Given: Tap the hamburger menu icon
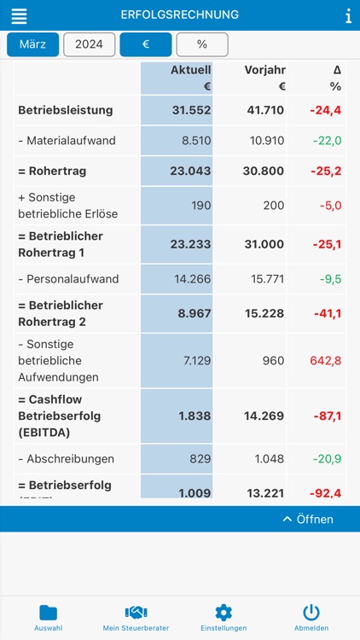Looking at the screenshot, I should (19, 16).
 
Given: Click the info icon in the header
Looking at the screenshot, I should (348, 16).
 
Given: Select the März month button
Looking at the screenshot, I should (32, 44).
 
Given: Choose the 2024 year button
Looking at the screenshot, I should (89, 44).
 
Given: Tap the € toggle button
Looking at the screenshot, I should (145, 44).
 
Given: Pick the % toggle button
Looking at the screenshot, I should (202, 44).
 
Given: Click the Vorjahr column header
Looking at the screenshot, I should (264, 70).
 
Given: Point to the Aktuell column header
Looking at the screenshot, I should (190, 70).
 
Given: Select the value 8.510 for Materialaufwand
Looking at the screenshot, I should (195, 141).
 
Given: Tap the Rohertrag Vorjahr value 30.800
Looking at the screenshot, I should (264, 171).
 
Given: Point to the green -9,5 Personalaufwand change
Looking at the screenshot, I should (329, 279).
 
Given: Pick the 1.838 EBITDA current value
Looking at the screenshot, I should (195, 416).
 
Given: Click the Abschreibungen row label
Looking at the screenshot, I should (66, 459).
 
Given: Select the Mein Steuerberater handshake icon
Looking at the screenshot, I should (136, 612).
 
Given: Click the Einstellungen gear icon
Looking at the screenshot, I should (224, 612).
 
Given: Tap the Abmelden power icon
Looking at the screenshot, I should (311, 612).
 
